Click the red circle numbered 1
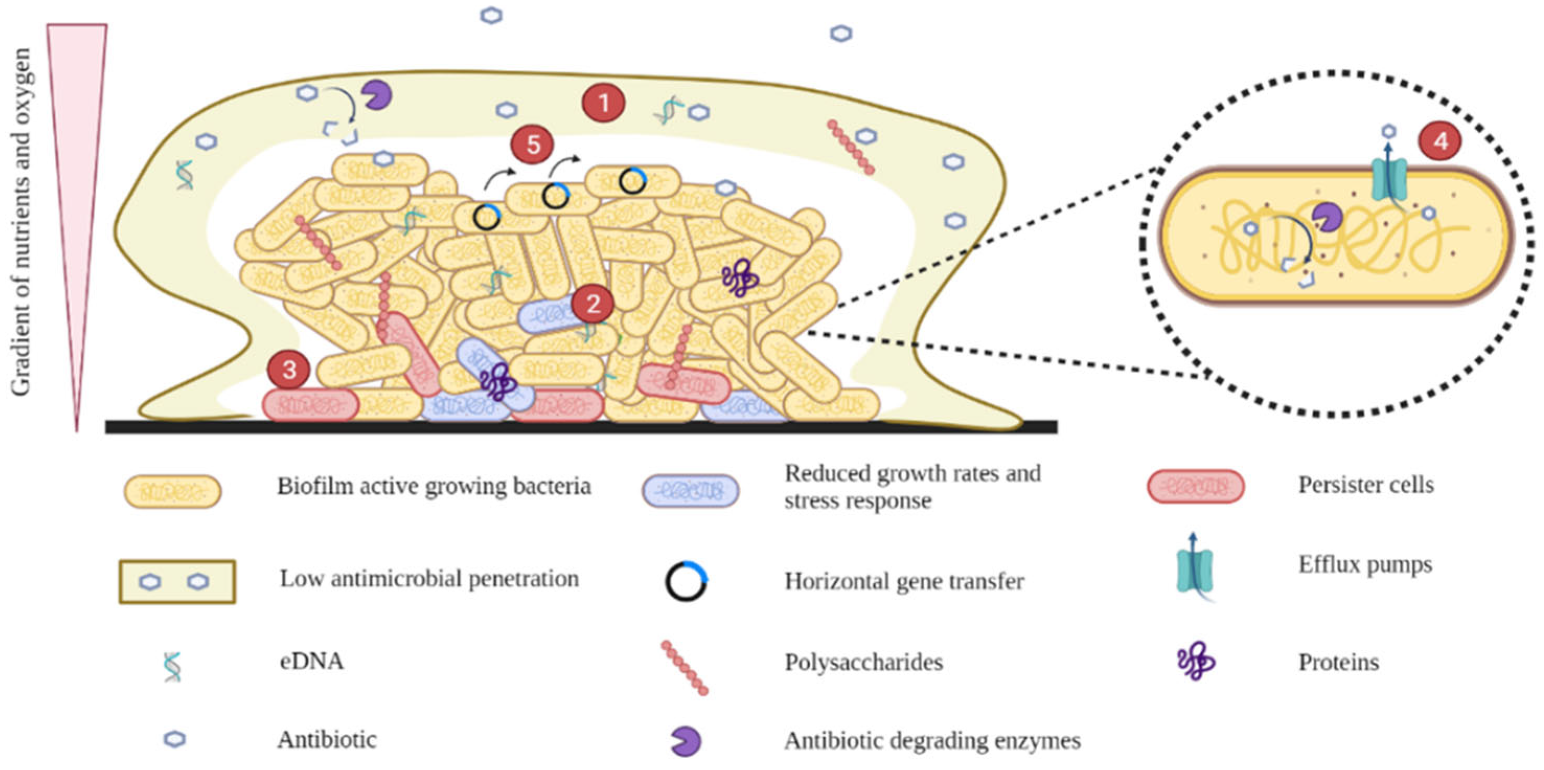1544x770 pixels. (x=603, y=103)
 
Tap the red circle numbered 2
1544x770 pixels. (x=592, y=304)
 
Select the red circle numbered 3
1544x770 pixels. (x=289, y=370)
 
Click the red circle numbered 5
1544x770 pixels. (x=532, y=144)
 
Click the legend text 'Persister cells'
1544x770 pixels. (x=1366, y=485)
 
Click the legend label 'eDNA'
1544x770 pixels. (x=312, y=661)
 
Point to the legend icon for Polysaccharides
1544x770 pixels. (x=685, y=668)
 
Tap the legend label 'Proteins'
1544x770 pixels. (x=1339, y=663)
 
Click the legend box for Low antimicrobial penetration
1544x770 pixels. (x=177, y=582)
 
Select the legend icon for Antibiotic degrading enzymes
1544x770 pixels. (x=686, y=741)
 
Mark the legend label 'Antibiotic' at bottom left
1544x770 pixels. (x=327, y=740)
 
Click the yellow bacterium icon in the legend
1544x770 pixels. (x=172, y=491)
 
